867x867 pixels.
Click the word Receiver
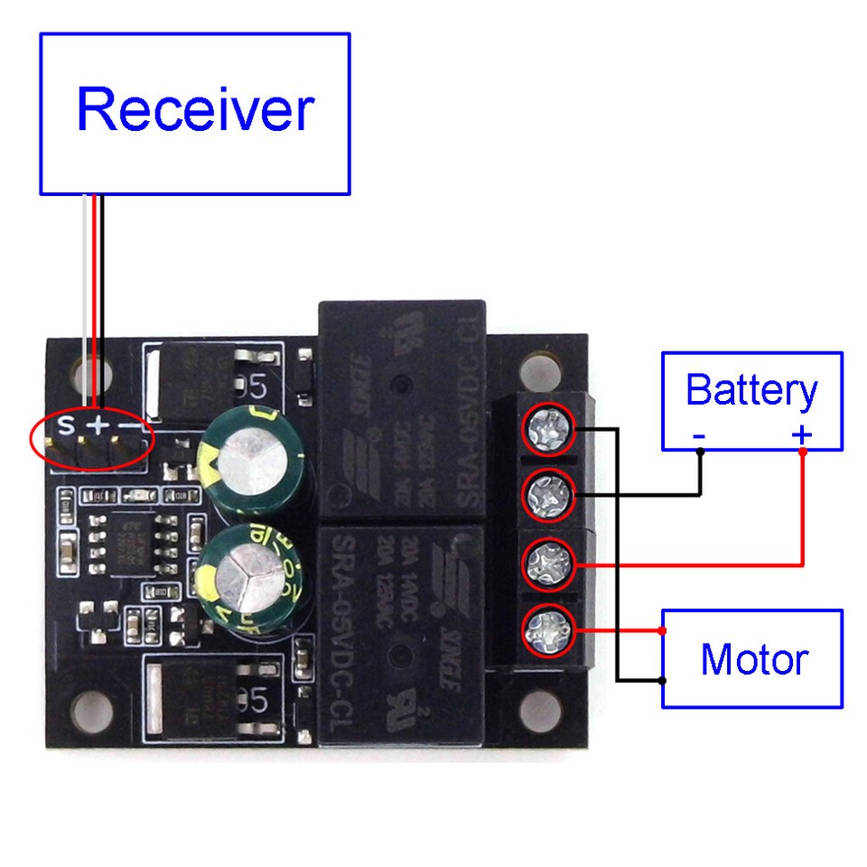pos(194,110)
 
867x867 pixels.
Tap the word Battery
pos(750,390)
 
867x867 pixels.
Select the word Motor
pos(753,659)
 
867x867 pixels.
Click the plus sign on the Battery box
pos(802,436)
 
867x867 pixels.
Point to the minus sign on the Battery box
pos(699,437)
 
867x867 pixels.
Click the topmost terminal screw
pos(549,428)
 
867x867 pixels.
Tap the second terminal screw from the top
pos(549,494)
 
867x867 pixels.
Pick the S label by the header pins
pos(65,424)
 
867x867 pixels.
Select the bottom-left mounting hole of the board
pos(90,710)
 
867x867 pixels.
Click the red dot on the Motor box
pos(664,630)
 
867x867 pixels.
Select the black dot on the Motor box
pos(664,680)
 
